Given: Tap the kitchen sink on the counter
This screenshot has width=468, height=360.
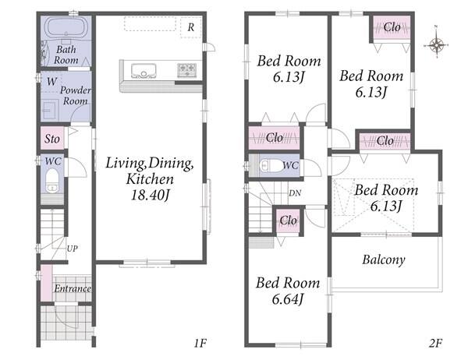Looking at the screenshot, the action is (144, 71).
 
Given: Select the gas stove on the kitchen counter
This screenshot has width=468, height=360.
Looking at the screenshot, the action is (187, 70).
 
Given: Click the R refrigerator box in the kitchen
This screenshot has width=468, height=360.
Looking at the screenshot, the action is (191, 27).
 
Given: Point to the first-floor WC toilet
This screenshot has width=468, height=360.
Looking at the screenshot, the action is (52, 181).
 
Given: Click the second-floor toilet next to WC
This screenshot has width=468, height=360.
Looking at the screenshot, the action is (271, 166).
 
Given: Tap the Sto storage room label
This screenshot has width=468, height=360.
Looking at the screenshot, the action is (52, 139).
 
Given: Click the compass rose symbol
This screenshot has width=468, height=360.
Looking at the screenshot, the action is (436, 45).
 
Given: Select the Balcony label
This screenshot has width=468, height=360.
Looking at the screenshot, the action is (384, 259).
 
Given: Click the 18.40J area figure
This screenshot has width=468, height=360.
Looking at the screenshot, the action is (150, 195).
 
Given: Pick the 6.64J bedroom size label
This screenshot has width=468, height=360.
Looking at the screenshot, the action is (288, 298).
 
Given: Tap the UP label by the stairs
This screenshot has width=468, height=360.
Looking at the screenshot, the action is (73, 249).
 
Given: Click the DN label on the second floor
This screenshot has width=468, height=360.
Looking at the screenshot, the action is (295, 193).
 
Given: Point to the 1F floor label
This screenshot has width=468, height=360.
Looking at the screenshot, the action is (200, 344).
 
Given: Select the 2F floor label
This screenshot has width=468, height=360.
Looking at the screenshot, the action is (435, 344).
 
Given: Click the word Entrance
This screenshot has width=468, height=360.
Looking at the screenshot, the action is (73, 288).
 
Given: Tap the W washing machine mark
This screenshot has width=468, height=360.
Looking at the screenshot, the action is (51, 81).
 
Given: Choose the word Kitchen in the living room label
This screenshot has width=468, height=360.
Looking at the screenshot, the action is (150, 179).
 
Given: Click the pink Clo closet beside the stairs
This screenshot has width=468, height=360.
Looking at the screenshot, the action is (289, 221).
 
